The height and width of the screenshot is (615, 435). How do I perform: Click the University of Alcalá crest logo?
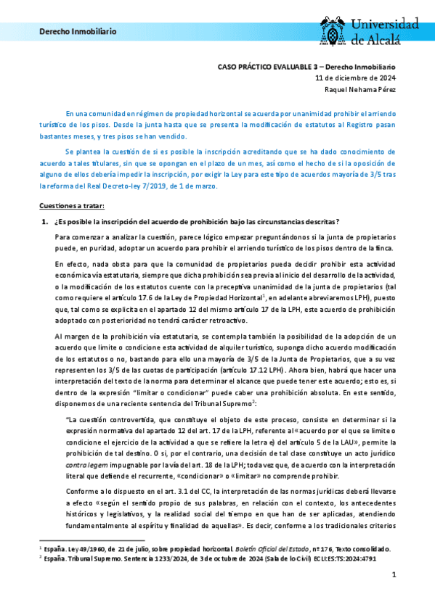point(335,30)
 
